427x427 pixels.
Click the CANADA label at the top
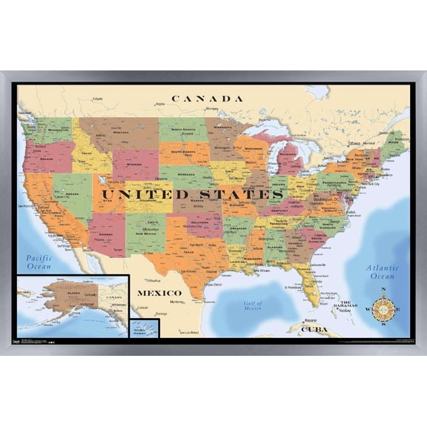click(207, 98)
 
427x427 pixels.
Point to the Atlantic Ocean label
click(383, 272)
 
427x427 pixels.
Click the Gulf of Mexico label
click(254, 306)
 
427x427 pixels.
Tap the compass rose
click(383, 308)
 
